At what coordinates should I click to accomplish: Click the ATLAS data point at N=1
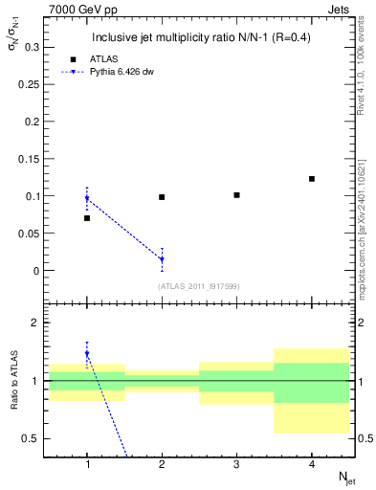87,218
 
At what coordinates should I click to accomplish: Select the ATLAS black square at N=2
162,197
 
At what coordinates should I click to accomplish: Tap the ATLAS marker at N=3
236,195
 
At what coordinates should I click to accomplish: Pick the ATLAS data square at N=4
312,179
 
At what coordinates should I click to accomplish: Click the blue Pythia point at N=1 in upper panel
87,199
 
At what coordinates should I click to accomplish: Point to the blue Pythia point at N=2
162,259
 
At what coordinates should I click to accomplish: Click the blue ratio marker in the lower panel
87,354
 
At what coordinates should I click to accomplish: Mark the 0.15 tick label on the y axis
30,159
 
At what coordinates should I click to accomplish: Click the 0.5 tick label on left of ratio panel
32,438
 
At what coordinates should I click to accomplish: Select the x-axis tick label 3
236,464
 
